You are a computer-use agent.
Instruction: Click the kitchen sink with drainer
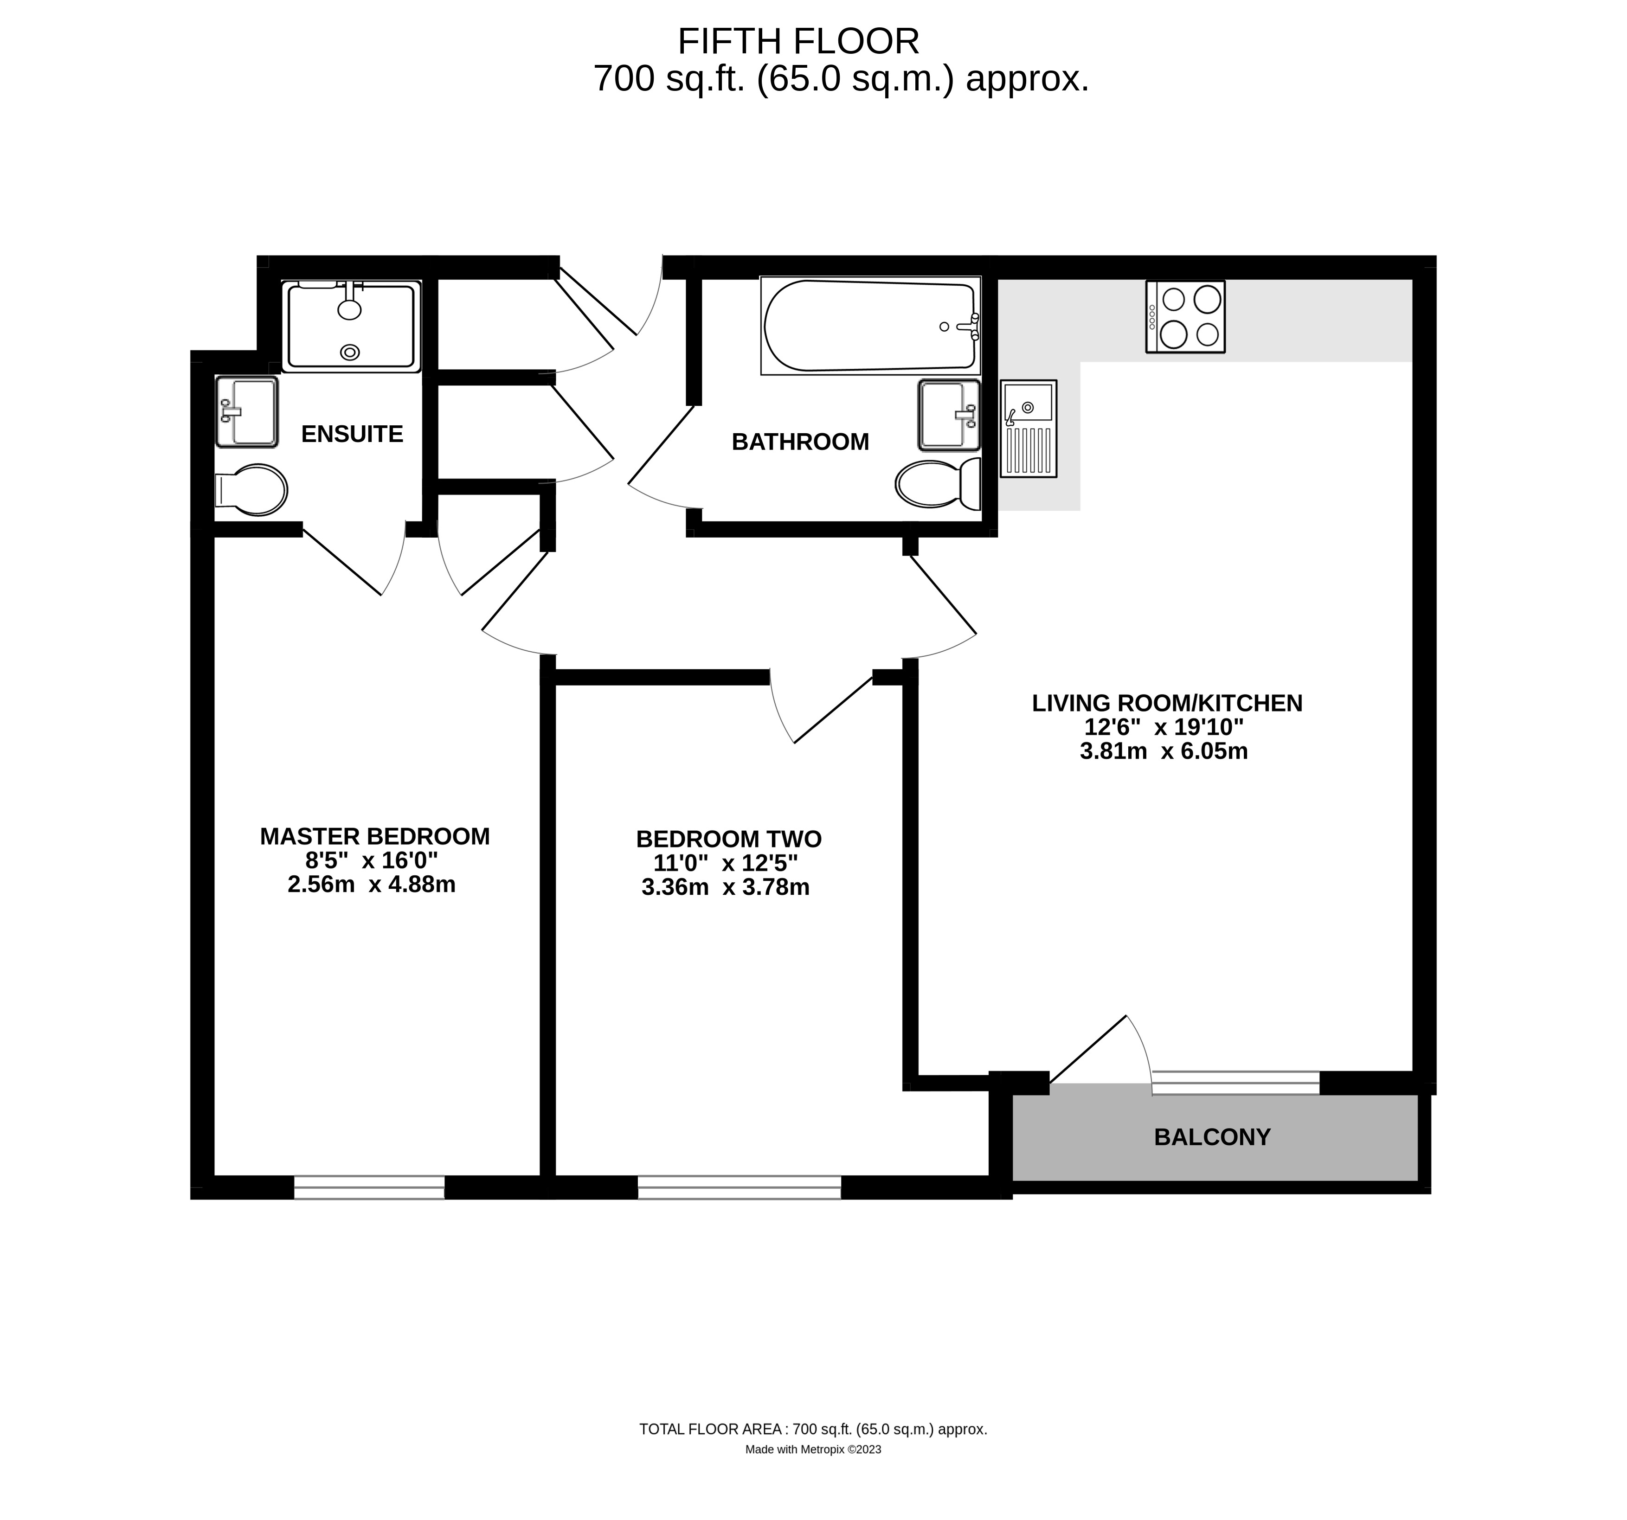click(x=1028, y=428)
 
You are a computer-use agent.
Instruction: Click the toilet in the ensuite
click(x=251, y=490)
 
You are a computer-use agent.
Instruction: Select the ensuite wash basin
click(x=246, y=411)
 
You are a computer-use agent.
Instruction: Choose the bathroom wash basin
click(x=949, y=415)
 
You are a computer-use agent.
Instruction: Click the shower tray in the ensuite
click(x=351, y=327)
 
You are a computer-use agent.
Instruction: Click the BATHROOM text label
click(x=800, y=442)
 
